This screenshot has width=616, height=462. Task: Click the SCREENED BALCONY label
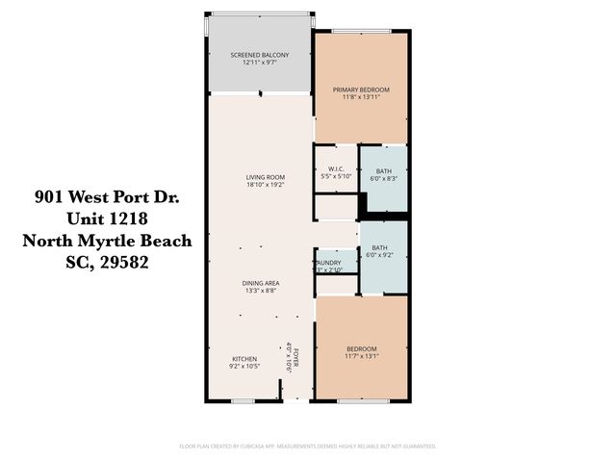tap(260, 55)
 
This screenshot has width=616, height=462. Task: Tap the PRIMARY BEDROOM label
tap(361, 90)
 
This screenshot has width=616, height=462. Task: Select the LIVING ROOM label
tap(260, 177)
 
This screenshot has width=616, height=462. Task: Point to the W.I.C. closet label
tap(337, 170)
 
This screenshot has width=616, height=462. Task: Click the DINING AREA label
tap(260, 282)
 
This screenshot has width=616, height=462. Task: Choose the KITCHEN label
tap(244, 358)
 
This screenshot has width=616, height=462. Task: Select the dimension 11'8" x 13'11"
tap(361, 98)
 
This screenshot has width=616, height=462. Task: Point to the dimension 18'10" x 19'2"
tap(260, 186)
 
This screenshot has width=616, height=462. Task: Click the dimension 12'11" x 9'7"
tap(260, 64)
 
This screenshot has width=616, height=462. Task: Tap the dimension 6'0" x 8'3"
tap(383, 179)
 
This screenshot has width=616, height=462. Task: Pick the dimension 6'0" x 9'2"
tap(383, 256)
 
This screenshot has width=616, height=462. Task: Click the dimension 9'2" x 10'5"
tap(244, 367)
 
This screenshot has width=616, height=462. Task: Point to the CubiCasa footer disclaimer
tap(308, 446)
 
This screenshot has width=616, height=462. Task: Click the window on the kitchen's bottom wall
tap(244, 399)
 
